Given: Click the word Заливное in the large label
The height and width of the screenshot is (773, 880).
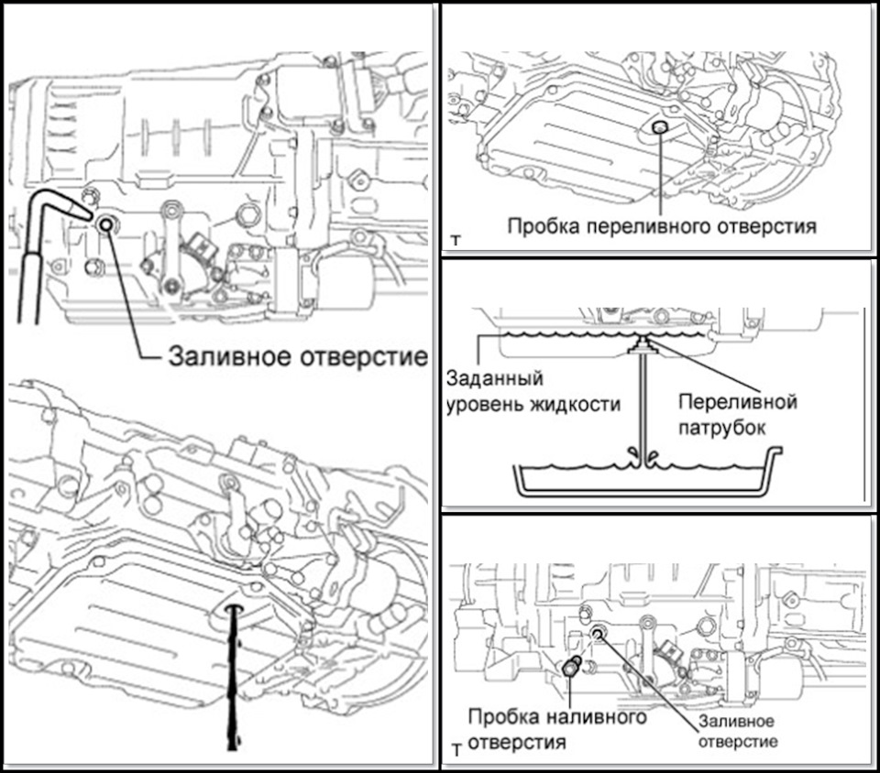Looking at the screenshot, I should (x=221, y=357).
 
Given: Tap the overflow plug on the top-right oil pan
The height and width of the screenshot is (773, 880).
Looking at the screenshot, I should (x=659, y=129).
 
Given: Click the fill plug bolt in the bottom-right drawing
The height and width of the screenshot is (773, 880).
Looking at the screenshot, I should (x=571, y=668).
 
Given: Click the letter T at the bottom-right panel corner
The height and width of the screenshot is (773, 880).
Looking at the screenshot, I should (x=457, y=751).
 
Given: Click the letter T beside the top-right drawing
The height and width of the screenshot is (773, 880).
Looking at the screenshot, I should (x=456, y=242).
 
